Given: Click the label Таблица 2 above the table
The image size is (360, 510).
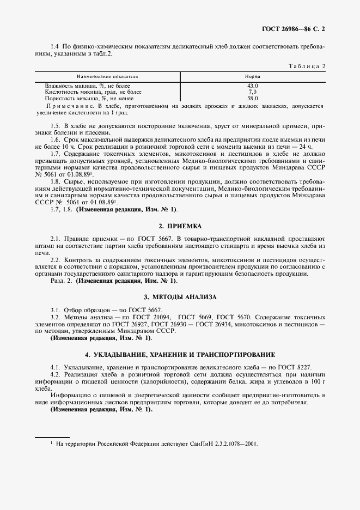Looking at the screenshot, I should (306, 66).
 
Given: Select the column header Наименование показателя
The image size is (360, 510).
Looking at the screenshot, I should (107, 77).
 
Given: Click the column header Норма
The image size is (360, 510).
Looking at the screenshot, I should (252, 77).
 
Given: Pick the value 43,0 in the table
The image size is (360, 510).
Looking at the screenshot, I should (252, 86).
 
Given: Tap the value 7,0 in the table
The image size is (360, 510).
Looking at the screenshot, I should (252, 92).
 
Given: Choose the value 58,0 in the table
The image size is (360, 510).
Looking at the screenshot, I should (252, 99).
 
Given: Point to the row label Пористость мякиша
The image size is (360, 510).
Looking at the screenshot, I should (87, 99).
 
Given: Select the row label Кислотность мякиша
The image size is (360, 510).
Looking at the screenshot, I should (89, 92).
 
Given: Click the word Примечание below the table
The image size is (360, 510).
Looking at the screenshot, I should (70, 106).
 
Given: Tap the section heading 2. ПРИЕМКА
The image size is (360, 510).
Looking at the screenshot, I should (180, 226).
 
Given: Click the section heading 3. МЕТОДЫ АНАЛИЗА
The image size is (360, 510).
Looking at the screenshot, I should (180, 297).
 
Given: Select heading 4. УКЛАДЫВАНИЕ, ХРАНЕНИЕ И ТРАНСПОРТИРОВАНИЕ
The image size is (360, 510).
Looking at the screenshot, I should (180, 355).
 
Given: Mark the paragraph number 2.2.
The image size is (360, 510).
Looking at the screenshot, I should (54, 260).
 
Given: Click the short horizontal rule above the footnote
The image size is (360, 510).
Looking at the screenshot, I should (52, 437).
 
